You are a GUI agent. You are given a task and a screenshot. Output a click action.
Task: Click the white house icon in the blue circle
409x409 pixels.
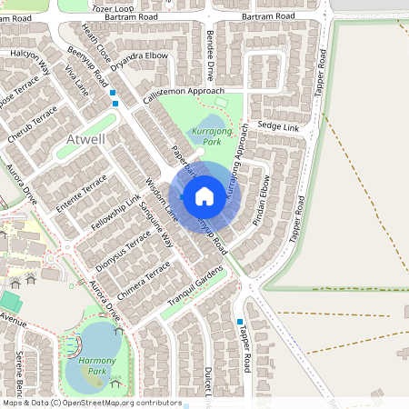[204, 195]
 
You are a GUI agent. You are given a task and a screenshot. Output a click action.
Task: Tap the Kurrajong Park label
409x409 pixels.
[207, 137]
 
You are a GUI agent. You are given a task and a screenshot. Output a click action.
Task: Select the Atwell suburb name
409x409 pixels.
[86, 140]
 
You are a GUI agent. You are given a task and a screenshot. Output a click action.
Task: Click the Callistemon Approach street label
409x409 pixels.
[181, 92]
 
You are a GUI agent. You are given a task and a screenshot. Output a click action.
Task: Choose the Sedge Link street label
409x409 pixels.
[278, 125]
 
